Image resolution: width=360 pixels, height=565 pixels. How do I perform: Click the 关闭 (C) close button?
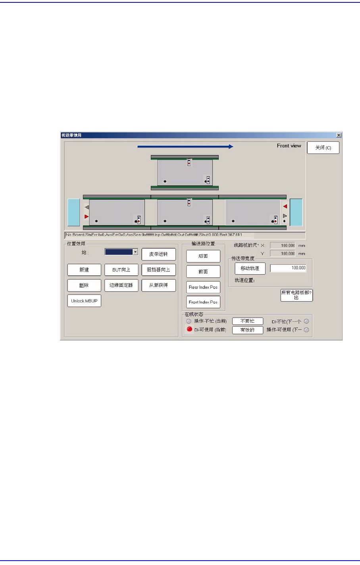pyautogui.click(x=323, y=148)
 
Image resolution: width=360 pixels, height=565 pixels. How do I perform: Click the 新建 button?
pyautogui.click(x=84, y=270)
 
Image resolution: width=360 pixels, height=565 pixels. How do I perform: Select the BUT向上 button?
pyautogui.click(x=121, y=270)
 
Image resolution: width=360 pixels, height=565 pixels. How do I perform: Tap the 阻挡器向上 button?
pyautogui.click(x=158, y=270)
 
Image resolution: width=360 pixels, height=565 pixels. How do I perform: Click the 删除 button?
pyautogui.click(x=84, y=285)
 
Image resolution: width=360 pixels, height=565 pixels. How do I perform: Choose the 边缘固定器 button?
pyautogui.click(x=121, y=285)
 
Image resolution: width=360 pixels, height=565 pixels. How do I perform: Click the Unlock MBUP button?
pyautogui.click(x=84, y=301)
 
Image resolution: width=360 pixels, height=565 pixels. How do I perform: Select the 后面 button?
pyautogui.click(x=203, y=256)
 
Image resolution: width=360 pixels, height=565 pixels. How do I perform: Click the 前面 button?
pyautogui.click(x=203, y=271)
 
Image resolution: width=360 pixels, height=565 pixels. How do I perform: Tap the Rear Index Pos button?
pyautogui.click(x=203, y=287)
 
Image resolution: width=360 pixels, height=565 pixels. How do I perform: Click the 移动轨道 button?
pyautogui.click(x=250, y=268)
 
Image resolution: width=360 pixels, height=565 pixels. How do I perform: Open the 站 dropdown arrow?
pyautogui.click(x=135, y=252)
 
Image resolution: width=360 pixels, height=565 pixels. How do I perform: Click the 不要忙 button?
pyautogui.click(x=247, y=321)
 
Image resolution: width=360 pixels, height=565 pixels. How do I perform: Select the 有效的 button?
pyautogui.click(x=247, y=330)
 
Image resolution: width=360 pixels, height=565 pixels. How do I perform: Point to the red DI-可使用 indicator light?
pyautogui.click(x=189, y=329)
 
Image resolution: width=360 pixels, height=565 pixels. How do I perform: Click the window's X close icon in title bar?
pyautogui.click(x=339, y=135)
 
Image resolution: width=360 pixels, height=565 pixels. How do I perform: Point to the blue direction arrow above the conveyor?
pyautogui.click(x=185, y=146)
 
